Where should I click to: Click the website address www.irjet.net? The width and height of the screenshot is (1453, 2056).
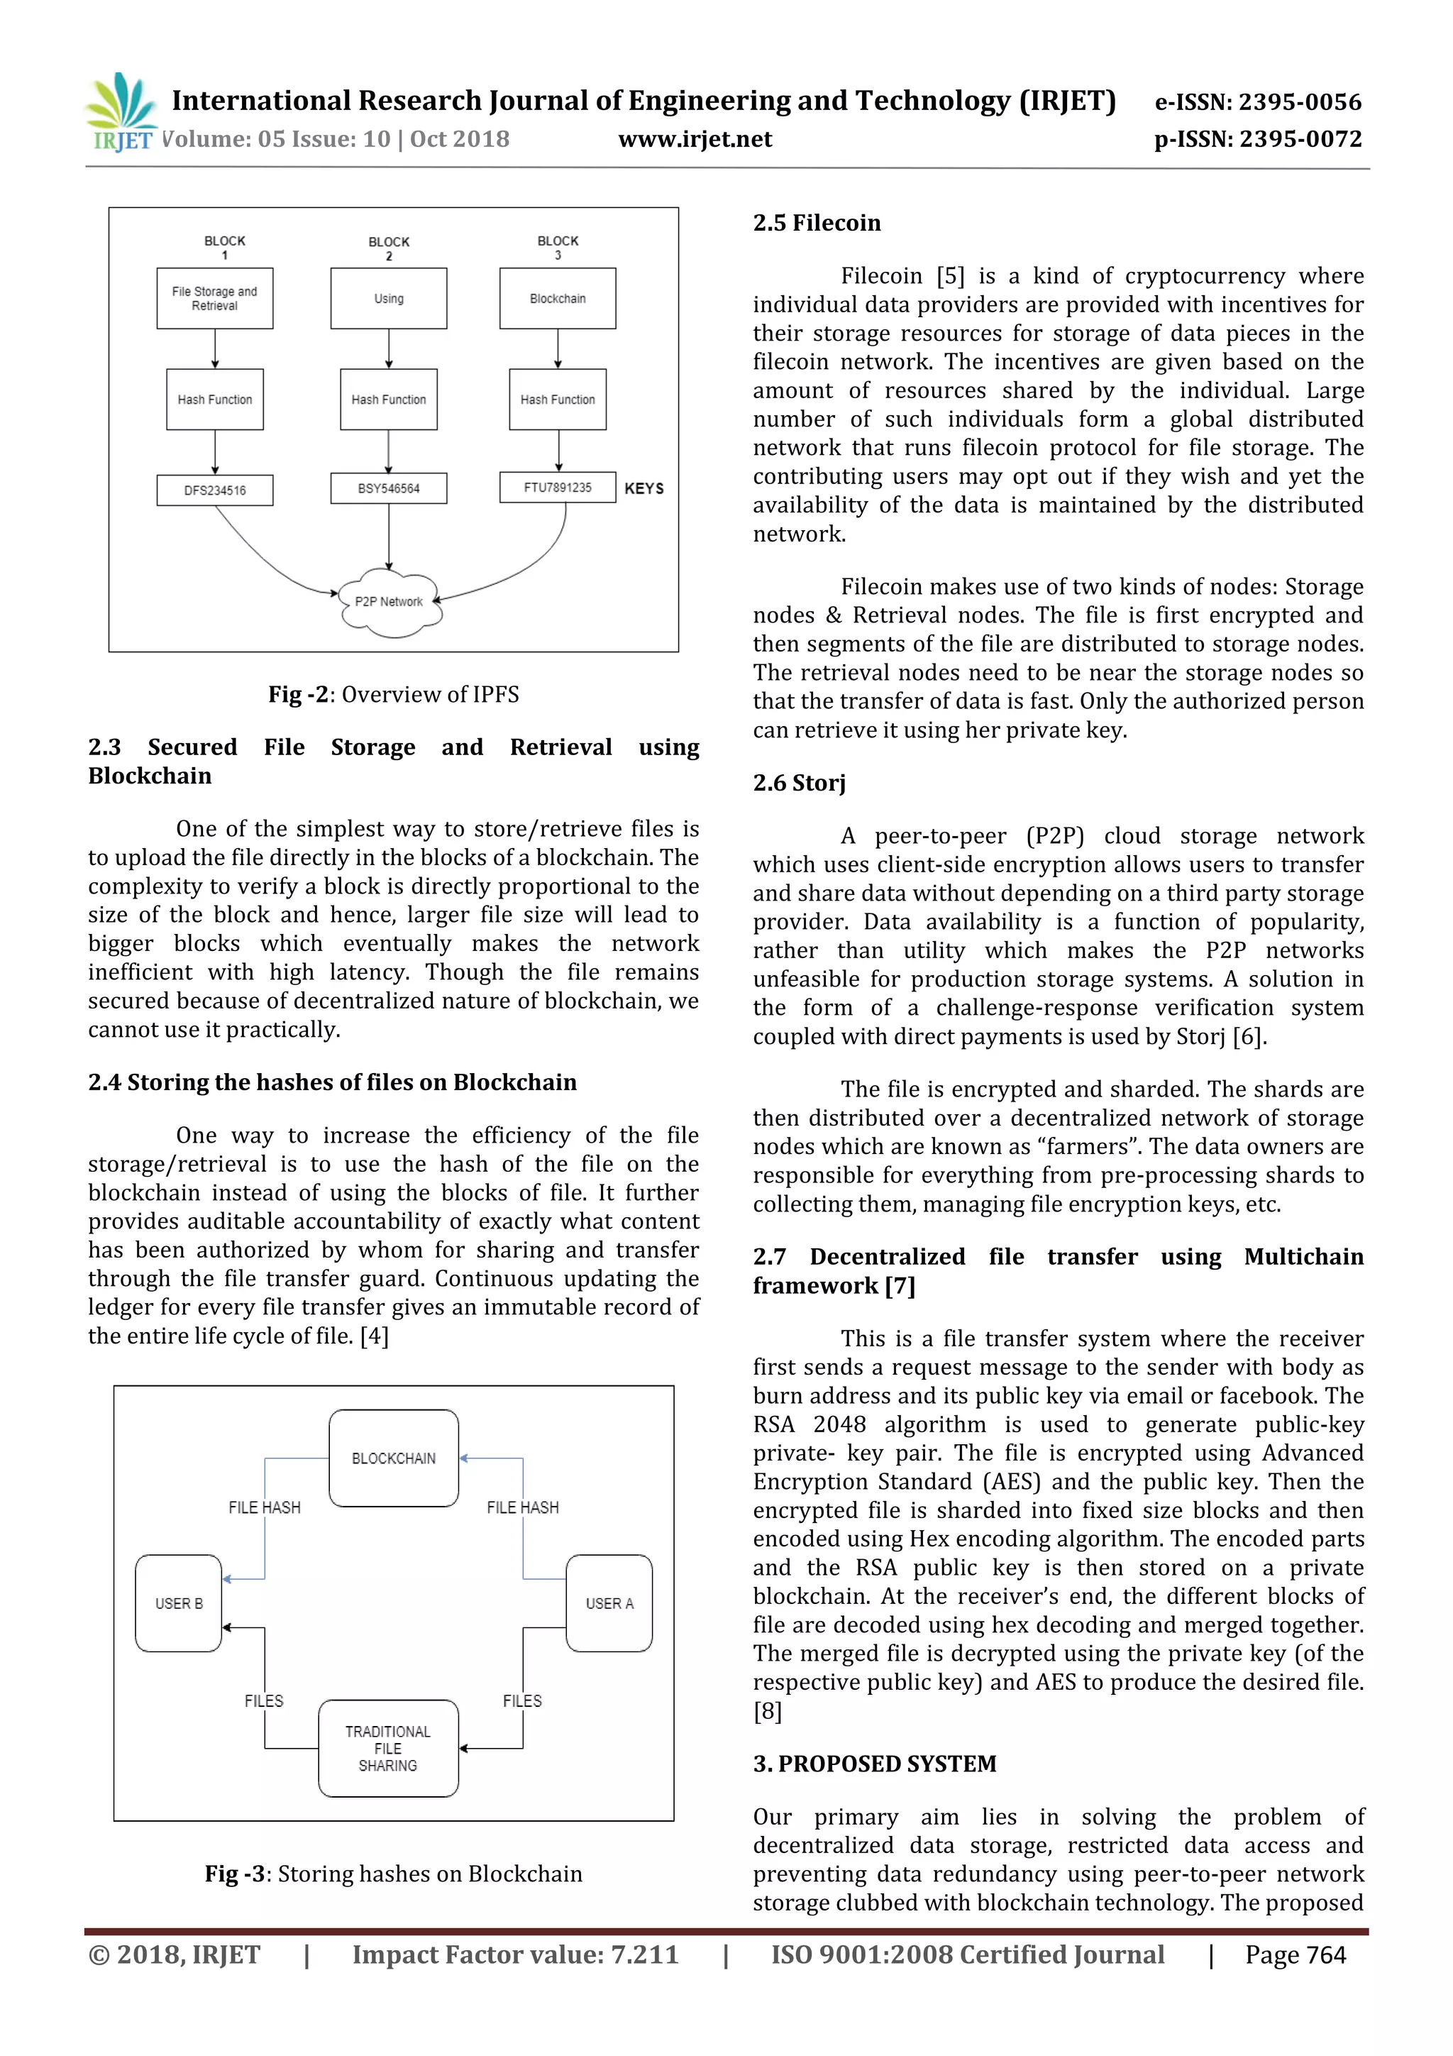(695, 140)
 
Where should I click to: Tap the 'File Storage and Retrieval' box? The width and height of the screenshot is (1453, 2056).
(215, 298)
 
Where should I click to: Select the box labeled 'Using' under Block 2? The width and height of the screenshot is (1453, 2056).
(389, 298)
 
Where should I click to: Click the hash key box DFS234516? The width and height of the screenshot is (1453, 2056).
(215, 490)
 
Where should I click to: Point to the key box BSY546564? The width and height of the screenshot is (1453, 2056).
(389, 489)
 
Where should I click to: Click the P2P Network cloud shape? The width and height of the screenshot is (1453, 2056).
(390, 602)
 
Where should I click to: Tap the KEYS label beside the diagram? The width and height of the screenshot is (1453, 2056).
(645, 489)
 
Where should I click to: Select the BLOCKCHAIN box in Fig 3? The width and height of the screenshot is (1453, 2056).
(394, 1458)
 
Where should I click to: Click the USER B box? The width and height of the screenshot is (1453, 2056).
(179, 1604)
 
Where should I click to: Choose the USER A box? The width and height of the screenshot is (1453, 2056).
(609, 1604)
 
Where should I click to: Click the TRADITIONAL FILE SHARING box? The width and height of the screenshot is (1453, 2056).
(389, 1749)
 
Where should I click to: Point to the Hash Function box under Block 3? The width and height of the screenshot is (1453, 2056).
(558, 400)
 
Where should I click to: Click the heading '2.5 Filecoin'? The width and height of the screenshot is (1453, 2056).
(817, 223)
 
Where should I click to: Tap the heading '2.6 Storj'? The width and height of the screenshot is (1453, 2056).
(799, 784)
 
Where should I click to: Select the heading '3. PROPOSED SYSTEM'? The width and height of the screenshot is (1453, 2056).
(874, 1764)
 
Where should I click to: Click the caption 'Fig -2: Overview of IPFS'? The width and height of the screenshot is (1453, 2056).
(393, 695)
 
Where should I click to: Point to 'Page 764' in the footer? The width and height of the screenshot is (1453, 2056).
(1295, 1955)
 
